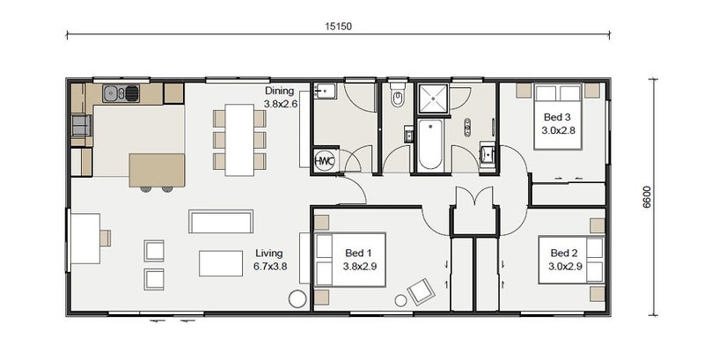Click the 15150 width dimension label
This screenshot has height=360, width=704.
pos(339,26)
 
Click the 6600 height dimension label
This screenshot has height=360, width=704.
pos(647,197)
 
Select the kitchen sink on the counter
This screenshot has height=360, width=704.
pos(121,94)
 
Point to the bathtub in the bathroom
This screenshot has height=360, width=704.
pos(430,143)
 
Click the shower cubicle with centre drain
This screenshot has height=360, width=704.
pos(433,99)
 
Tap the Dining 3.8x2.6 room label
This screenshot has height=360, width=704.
pos(279,98)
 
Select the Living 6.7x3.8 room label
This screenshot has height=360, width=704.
pos(270,260)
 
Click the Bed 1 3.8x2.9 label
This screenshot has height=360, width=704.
pos(359,260)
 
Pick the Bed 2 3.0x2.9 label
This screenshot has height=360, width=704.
pos(565,260)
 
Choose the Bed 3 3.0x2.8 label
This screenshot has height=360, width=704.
pos(558,124)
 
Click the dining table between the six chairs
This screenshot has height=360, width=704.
pos(239,140)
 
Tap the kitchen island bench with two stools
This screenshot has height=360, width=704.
pos(157,170)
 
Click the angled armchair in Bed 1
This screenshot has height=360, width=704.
pos(422,291)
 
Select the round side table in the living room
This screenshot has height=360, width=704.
pos(297,299)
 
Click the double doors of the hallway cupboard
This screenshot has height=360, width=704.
pos(474,197)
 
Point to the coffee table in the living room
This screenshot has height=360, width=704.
pos(221,263)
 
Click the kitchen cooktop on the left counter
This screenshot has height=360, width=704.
pos(81,125)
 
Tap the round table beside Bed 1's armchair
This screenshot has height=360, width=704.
pos(400,300)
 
